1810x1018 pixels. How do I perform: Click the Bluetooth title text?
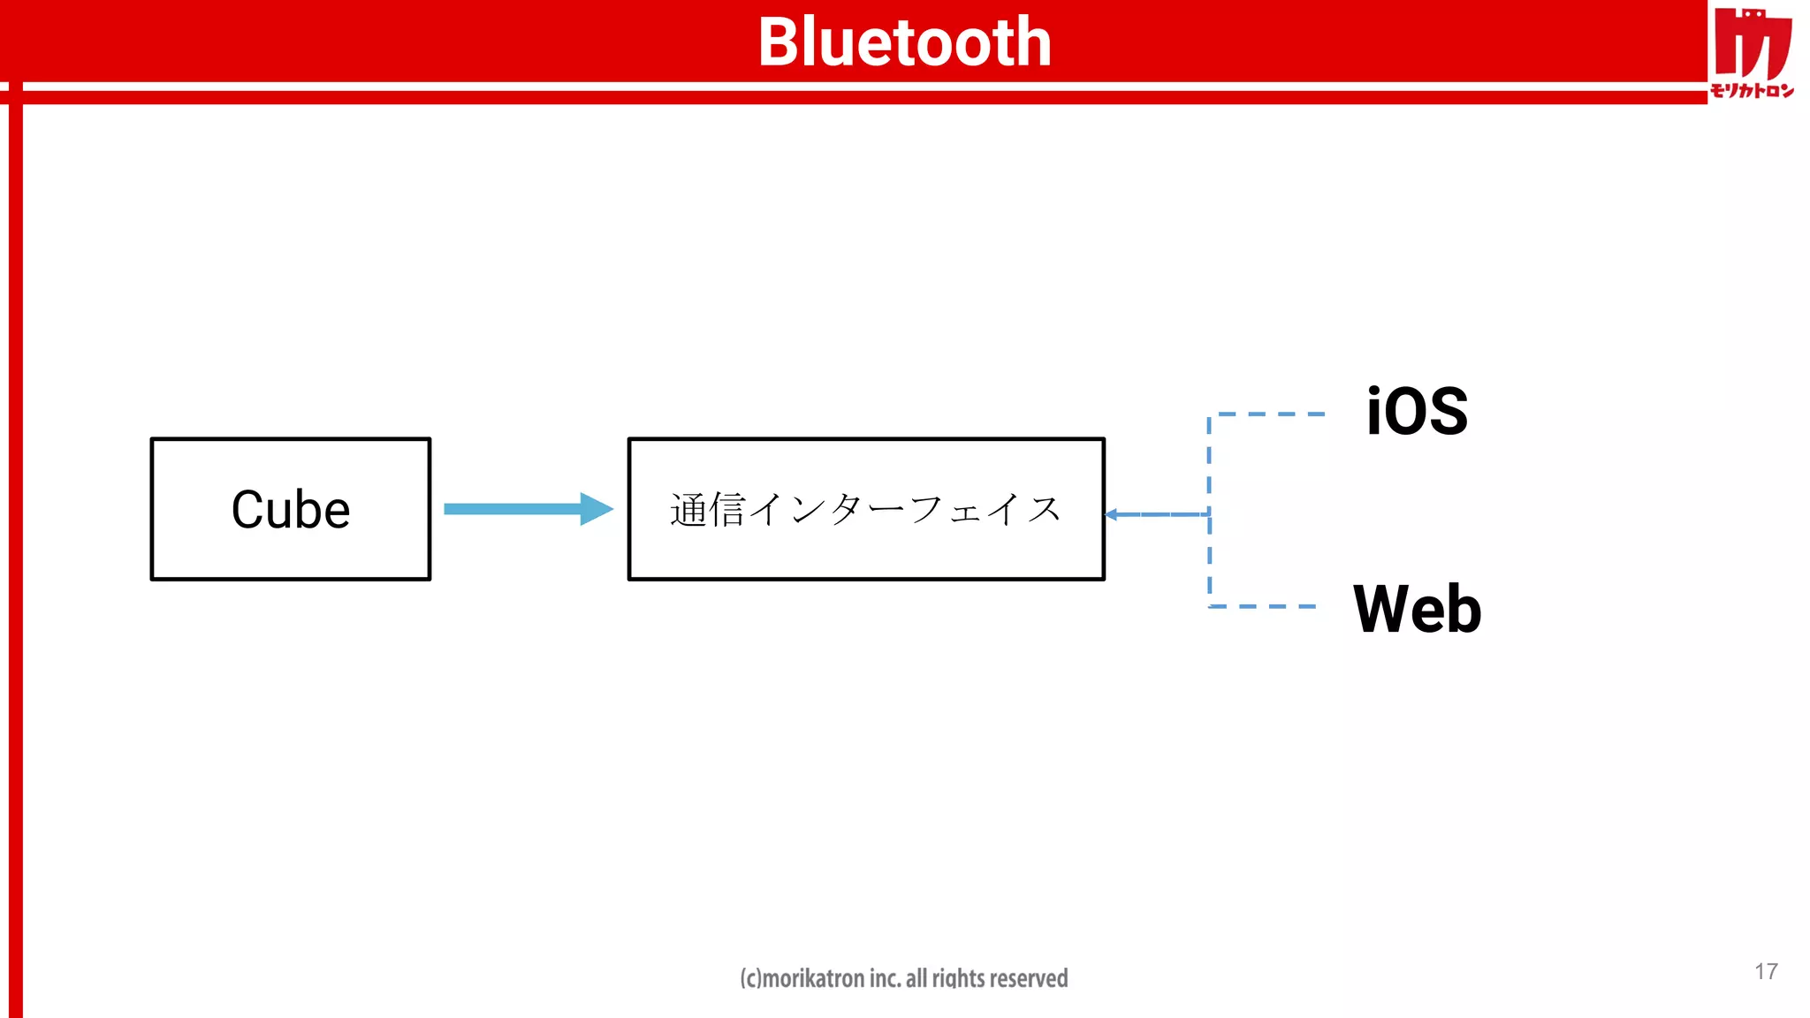904,42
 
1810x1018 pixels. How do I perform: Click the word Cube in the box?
291,510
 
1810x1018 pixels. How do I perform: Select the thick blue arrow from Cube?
513,509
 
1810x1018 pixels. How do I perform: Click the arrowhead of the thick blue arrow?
597,509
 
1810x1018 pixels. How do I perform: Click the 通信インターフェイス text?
865,510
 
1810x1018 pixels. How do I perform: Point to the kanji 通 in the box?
688,510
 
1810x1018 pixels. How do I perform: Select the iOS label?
1417,412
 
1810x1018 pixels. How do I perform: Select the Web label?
1417,610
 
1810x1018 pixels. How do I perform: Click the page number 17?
1766,971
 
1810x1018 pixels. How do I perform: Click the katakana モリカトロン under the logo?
1752,90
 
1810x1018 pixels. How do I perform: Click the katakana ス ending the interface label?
1044,510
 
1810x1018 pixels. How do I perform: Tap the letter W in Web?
1382,610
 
